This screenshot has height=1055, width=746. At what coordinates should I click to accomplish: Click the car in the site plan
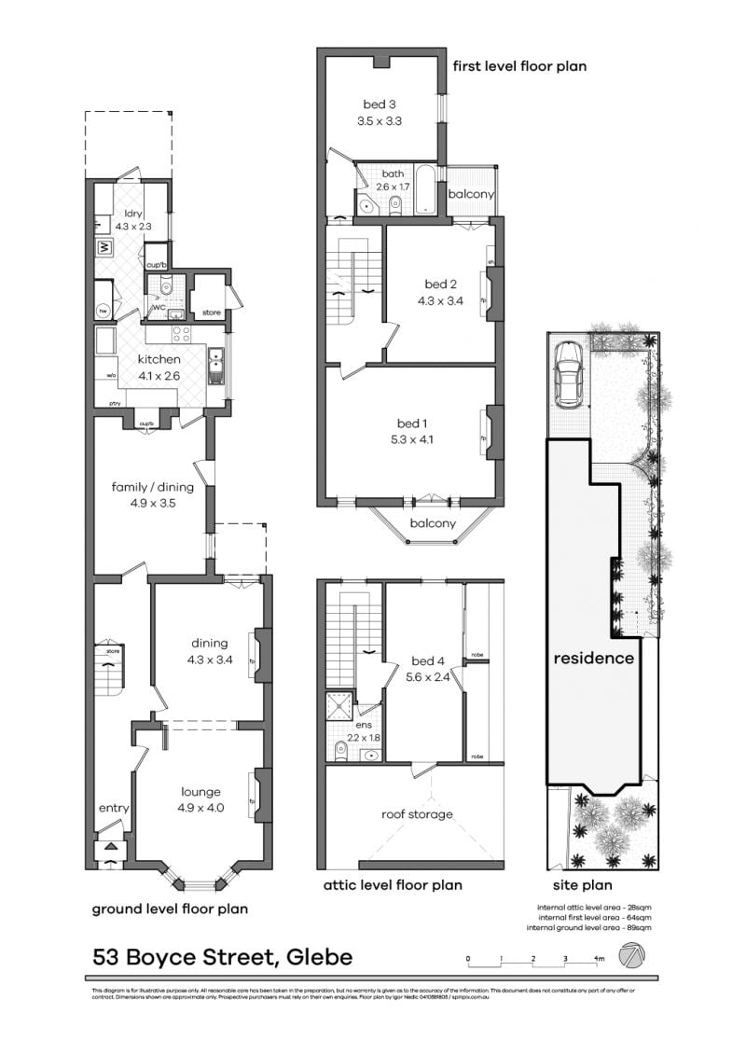(567, 373)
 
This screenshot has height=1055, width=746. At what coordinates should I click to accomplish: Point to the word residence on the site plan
(594, 658)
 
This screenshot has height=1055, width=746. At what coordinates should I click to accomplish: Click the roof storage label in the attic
(417, 814)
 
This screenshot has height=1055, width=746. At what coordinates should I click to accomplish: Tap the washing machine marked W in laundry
(104, 248)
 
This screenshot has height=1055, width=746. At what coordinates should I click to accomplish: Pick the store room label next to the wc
(212, 312)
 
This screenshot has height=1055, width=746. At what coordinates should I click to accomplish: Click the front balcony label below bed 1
(433, 523)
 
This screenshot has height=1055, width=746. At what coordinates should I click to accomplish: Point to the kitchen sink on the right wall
(216, 367)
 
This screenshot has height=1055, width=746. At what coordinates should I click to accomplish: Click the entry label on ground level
(114, 808)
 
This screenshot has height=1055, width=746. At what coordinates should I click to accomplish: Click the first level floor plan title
(518, 66)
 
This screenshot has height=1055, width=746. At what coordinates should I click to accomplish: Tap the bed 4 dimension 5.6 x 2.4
(427, 678)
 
